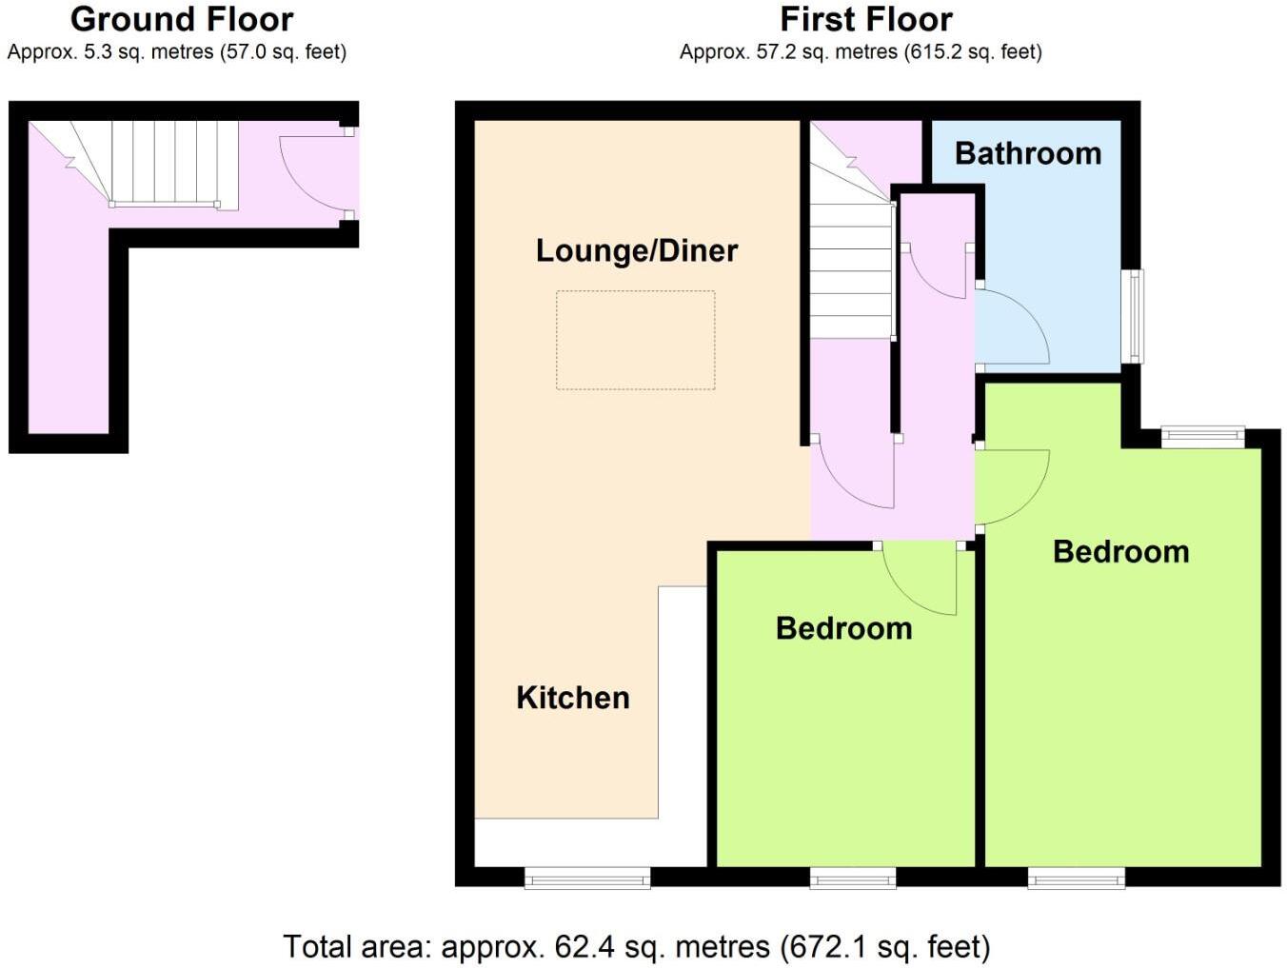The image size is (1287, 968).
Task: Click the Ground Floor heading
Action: coord(182,19)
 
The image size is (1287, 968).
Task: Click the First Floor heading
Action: coord(865,19)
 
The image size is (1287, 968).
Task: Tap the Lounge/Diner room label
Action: coord(636,250)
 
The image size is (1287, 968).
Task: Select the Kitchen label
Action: coord(572,698)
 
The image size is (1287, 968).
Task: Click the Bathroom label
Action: coord(1027,153)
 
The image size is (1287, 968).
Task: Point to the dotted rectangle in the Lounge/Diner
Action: coord(635,340)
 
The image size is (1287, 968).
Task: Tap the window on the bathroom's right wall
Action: coord(1133,316)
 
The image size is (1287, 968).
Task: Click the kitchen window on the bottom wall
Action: coord(587,878)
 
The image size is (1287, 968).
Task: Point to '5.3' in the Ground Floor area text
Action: coord(99,52)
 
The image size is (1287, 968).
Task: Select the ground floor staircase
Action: coord(162,162)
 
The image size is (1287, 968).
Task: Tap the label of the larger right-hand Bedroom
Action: coord(1120,552)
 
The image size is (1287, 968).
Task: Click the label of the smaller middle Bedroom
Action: coord(843,628)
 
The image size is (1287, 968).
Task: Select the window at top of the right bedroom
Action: coord(1202,437)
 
